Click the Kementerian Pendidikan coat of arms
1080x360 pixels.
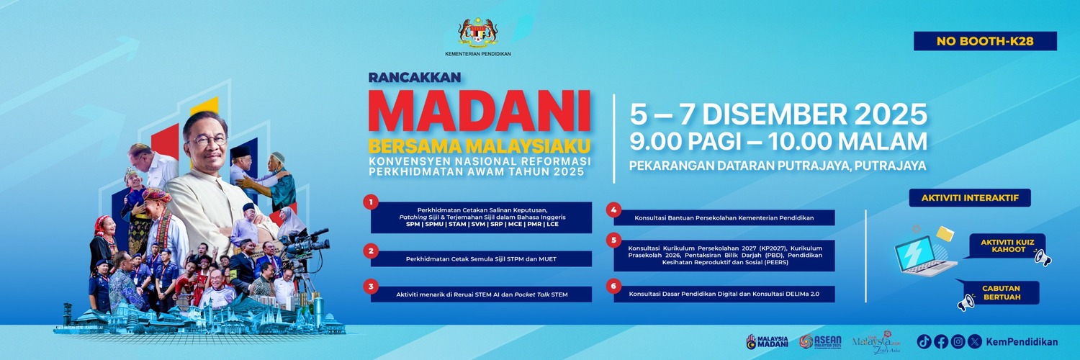pos(478,32)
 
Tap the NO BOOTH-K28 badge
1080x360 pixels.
pos(985,41)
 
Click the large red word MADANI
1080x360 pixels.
pos(479,112)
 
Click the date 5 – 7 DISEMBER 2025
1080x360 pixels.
pos(778,114)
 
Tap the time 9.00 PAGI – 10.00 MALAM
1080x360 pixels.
pos(778,140)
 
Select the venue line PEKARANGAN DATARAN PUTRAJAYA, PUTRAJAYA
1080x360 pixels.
pos(778,166)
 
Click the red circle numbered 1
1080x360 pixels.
pos(371,202)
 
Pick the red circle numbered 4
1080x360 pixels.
pos(613,210)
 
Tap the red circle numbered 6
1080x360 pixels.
pos(613,285)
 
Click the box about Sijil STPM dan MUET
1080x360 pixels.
pos(481,258)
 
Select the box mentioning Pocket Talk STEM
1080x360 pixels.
pos(481,294)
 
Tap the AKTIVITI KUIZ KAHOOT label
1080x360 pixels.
pos(1007,246)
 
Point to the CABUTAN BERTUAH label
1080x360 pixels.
pos(1001,292)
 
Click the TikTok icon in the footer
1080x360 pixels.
pos(924,341)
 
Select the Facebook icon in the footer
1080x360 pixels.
pos(941,341)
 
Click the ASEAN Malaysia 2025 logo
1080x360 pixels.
pos(816,341)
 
